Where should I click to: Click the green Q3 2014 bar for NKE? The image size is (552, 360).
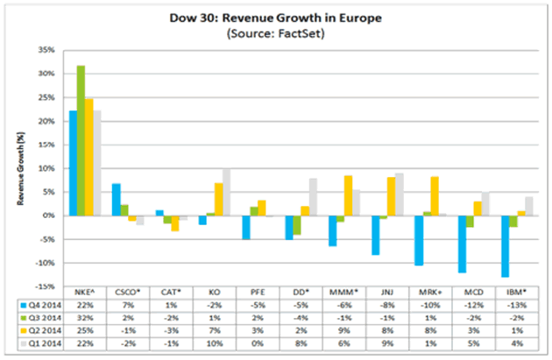(81, 140)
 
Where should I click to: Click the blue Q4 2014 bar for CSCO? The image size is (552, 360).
(116, 199)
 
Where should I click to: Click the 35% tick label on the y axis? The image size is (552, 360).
(46, 50)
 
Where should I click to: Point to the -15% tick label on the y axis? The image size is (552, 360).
(45, 286)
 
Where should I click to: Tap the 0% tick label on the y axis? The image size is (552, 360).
(49, 215)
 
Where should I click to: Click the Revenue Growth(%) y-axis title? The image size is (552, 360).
(20, 166)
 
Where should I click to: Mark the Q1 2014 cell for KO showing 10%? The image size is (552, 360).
(216, 342)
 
